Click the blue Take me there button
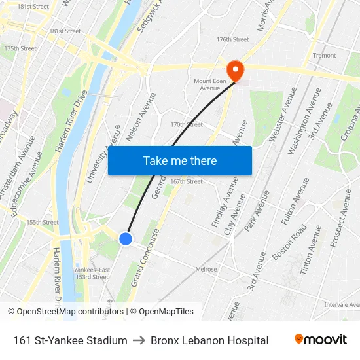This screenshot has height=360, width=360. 179,160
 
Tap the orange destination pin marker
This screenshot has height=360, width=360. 234,69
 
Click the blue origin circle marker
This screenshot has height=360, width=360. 126,239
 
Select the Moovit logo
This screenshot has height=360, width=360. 320,340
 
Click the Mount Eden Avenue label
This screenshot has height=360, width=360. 210,84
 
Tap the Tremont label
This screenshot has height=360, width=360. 324,56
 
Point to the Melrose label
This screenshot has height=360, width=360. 206,269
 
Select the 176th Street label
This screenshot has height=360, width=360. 232,39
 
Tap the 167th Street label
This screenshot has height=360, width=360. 186,181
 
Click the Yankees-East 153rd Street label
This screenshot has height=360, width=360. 91,273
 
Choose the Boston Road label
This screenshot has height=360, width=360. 290,242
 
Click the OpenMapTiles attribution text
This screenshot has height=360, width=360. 166,312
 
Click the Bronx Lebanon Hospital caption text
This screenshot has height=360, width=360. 209,340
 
